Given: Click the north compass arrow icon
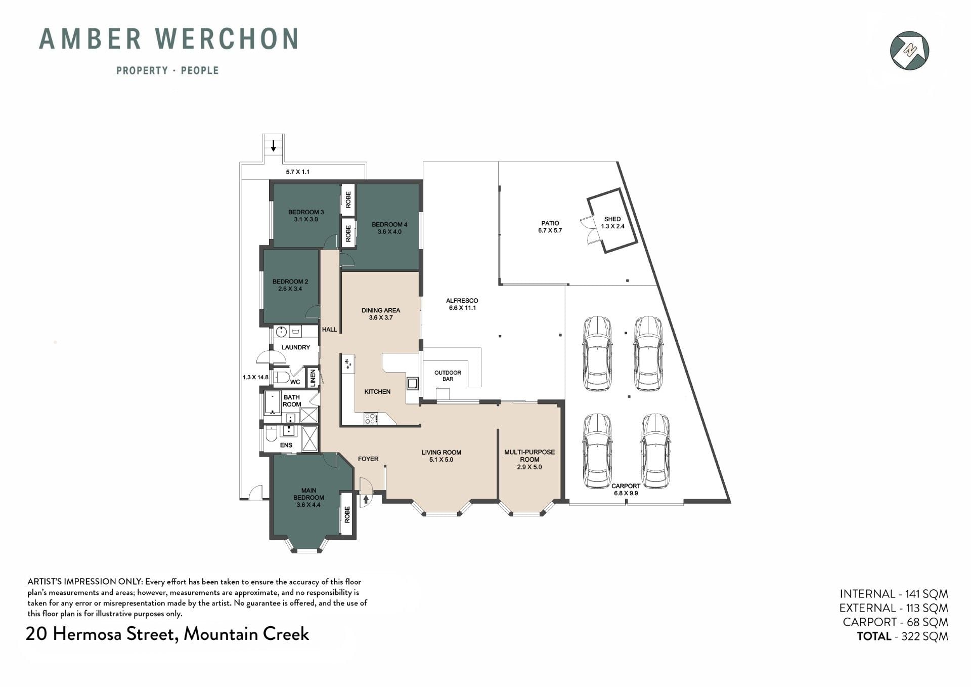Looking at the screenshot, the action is coord(909,50).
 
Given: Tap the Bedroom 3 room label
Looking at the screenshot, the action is coord(306,212).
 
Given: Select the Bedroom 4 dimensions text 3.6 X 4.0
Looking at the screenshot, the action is coord(389,232).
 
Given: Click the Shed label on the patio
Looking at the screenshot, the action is coord(612,219).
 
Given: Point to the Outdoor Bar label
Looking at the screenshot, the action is coord(448,376).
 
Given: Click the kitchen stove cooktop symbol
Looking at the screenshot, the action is coord(370,419).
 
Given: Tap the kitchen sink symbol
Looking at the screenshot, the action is coord(413,383).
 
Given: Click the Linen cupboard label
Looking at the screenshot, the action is coord(313,378).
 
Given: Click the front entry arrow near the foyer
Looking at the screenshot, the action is coord(366,500).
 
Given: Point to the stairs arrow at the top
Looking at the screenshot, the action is coord(274,146).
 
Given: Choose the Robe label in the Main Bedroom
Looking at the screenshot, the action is coord(347,514).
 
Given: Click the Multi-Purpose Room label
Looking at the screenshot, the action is coord(529,456).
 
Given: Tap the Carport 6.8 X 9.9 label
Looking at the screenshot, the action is coord(626,490).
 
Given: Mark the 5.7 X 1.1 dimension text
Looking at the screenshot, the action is coord(298,172).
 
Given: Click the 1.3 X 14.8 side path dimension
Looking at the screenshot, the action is coord(255,377).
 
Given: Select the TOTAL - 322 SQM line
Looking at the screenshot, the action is coord(902,636).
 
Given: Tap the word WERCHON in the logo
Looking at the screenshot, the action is coord(227,39).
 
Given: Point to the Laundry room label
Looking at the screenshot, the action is coord(296,347).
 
